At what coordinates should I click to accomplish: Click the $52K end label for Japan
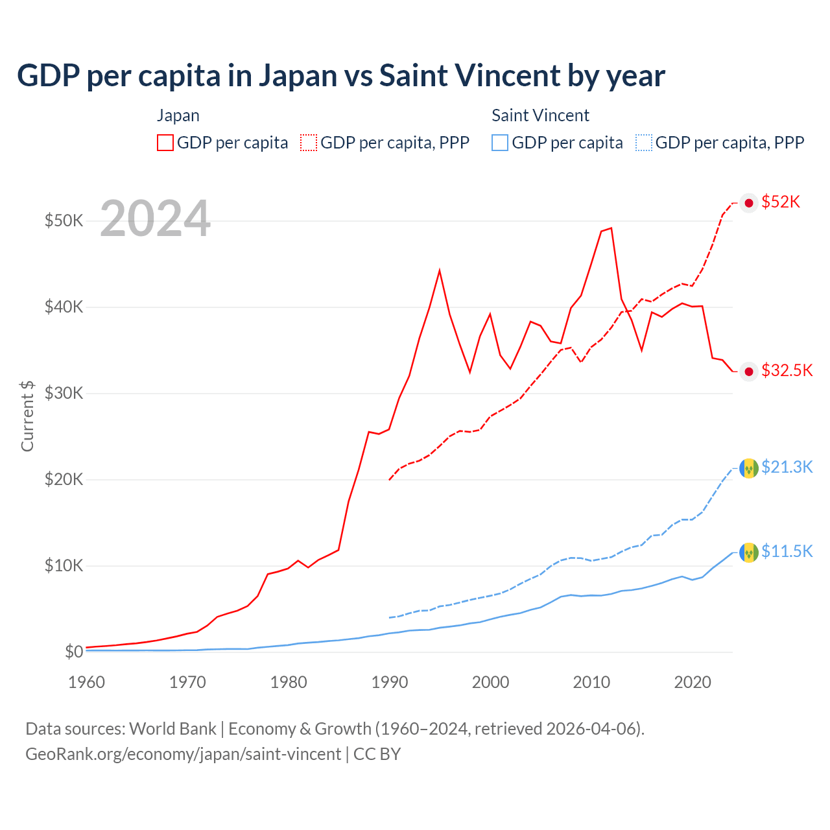pos(781,202)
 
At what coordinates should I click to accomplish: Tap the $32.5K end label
pos(787,371)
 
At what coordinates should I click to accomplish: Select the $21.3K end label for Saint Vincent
pos(787,468)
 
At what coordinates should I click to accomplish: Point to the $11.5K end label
pos(787,552)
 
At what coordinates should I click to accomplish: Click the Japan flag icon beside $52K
pos(749,203)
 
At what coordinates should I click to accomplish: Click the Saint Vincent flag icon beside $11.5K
pos(749,552)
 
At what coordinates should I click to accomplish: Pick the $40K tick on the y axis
pos(64,307)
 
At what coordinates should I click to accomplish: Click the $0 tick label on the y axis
pos(74,652)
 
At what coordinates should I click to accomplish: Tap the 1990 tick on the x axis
pos(390,682)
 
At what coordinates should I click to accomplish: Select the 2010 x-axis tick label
pos(591,682)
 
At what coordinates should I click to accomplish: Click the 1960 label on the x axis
pos(86,682)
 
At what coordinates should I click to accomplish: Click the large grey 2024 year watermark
pos(155,219)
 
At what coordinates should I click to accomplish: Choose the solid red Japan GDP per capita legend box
pos(165,143)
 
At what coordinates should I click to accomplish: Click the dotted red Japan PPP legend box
pos(309,143)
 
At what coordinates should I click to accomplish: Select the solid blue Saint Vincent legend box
pos(500,143)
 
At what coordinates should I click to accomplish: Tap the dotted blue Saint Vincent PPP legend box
pos(644,143)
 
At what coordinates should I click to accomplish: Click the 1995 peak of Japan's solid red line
pos(440,270)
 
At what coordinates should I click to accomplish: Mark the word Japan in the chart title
pos(298,76)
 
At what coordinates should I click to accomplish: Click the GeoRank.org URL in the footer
pos(183,754)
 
